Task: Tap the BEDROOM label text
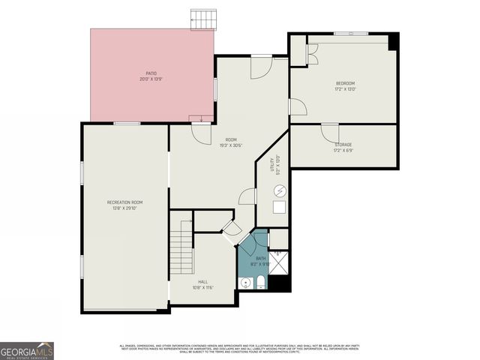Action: point(344,82)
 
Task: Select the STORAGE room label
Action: point(342,145)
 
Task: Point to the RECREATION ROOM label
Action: point(124,202)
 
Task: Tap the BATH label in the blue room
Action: point(260,258)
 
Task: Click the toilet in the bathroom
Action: point(259,283)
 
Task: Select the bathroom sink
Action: point(244,283)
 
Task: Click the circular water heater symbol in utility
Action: point(279,190)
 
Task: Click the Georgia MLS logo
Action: point(27,350)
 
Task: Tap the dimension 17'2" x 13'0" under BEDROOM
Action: point(344,88)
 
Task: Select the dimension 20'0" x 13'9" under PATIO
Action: point(151,79)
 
